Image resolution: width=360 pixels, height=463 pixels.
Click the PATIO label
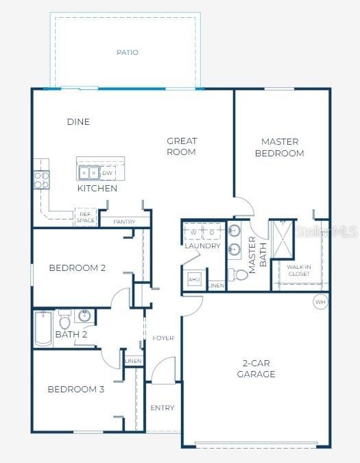click(126, 52)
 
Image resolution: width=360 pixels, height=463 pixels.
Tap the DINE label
click(78, 122)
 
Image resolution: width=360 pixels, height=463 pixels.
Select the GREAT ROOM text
click(182, 146)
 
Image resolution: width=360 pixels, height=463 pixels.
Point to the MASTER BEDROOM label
click(279, 147)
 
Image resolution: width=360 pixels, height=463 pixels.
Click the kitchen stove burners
click(41, 180)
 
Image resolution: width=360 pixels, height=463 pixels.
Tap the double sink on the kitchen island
click(88, 173)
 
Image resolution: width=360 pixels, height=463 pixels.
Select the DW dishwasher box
click(108, 173)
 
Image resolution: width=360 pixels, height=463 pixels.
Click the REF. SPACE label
click(85, 217)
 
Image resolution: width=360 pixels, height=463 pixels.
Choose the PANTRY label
click(124, 222)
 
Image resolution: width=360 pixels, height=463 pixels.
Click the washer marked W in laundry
click(193, 233)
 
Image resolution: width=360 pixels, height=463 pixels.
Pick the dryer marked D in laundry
click(212, 233)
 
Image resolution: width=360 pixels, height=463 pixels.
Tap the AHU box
click(194, 280)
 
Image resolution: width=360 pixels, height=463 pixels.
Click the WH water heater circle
click(320, 301)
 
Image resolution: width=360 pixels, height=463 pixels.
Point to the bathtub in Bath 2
click(42, 328)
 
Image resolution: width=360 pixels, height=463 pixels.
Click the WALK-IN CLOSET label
click(298, 270)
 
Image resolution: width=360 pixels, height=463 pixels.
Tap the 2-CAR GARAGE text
click(256, 368)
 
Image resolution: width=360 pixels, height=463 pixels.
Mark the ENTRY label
click(163, 408)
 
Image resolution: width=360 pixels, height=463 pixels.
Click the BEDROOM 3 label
click(75, 390)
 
